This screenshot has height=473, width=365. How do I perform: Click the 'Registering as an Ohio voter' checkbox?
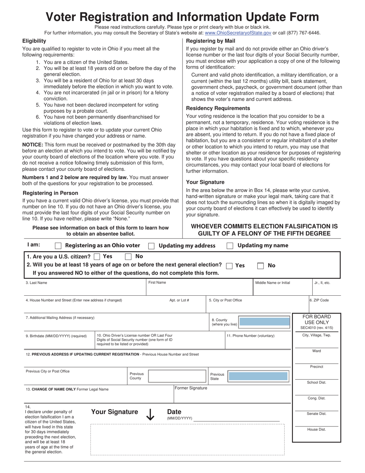coord(58,246)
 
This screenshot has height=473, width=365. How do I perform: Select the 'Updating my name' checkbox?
coord(230,246)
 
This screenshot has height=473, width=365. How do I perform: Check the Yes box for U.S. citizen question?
coord(97,256)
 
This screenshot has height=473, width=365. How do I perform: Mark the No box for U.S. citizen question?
coord(129,256)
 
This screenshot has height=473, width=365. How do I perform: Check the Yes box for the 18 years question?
coord(229,266)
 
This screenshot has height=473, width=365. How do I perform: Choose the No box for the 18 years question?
coord(260,266)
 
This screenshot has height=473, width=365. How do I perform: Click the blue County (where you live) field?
coord(264,322)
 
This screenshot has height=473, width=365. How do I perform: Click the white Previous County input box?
coord(177,376)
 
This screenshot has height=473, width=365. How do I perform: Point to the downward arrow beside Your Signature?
coord(150,414)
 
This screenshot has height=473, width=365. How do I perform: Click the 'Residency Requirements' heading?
coord(218,108)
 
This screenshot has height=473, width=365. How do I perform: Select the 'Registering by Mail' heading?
coord(211,41)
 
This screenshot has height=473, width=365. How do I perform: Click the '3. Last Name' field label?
coord(36,283)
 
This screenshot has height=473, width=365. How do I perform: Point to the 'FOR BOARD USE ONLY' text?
coord(317,320)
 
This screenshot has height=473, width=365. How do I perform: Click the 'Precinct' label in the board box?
coord(317,366)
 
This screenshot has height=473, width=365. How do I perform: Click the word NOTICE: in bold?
coord(33,145)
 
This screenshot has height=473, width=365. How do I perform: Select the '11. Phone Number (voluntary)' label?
coord(251,336)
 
